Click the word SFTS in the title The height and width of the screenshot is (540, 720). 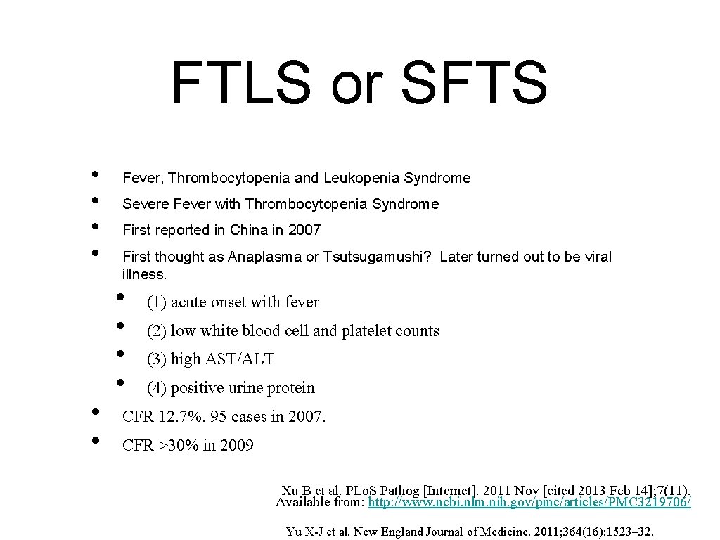tap(475, 82)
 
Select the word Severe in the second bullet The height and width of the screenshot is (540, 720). tap(143, 205)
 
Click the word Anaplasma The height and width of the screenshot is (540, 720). tap(264, 257)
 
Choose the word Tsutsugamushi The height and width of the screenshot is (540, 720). tap(375, 257)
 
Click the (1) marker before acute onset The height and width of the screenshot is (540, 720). tap(156, 302)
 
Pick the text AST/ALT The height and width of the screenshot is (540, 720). tap(240, 359)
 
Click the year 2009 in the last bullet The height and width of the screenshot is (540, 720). tap(236, 446)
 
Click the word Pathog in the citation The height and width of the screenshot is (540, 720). tap(394, 490)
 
